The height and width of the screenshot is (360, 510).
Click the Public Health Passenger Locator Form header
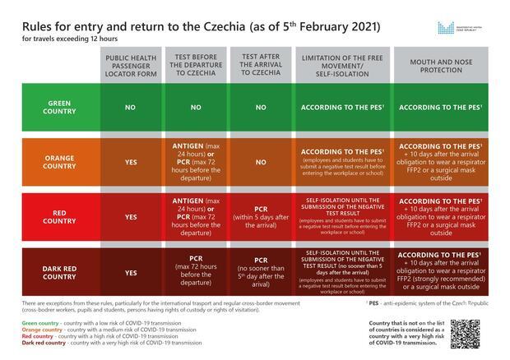tap(131, 64)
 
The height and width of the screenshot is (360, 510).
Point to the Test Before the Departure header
tap(197, 64)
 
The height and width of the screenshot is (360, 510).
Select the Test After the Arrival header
tap(262, 64)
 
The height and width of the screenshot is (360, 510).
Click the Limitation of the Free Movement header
tap(343, 64)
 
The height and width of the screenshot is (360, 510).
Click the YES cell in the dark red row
tap(131, 273)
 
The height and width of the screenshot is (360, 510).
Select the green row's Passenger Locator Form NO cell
tap(131, 108)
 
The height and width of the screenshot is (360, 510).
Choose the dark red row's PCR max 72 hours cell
tap(197, 272)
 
